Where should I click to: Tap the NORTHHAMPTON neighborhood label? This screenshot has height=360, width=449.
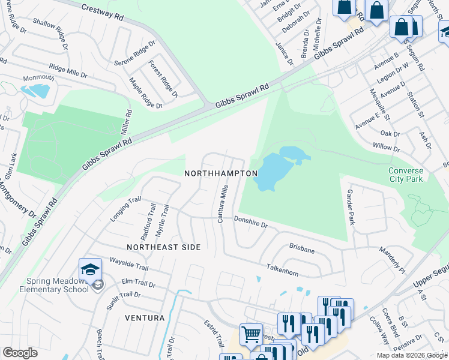221,173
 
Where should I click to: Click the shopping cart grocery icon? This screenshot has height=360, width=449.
251,334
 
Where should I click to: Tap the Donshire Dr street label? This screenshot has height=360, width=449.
250,223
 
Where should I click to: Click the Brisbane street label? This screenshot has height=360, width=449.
302,247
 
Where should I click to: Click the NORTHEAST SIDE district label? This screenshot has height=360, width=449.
163,247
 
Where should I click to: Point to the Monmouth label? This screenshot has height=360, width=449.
38,79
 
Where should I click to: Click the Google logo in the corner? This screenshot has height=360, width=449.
20,353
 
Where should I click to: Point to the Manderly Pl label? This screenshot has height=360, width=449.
391,257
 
